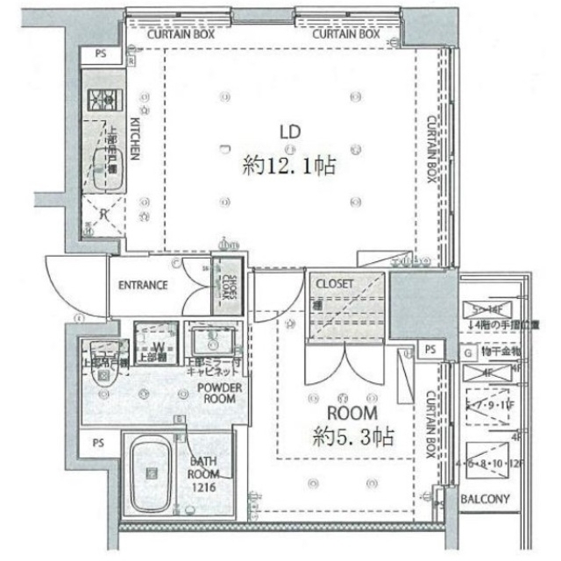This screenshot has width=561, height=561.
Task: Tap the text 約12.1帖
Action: [x=290, y=163]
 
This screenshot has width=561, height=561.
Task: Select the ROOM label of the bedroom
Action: [x=352, y=413]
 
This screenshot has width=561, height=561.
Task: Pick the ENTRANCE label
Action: [x=143, y=285]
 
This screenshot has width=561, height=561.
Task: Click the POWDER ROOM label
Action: [x=219, y=393]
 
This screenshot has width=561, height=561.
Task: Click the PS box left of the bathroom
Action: [x=98, y=444]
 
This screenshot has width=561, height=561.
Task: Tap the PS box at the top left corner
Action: [x=101, y=54]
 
